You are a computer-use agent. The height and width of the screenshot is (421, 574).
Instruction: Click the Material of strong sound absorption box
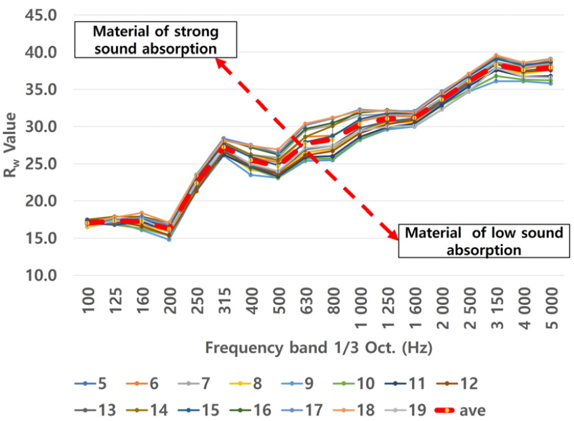(155, 40)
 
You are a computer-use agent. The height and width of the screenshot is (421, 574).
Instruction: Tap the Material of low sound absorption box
(484, 241)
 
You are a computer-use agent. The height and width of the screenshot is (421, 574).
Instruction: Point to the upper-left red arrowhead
(221, 63)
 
